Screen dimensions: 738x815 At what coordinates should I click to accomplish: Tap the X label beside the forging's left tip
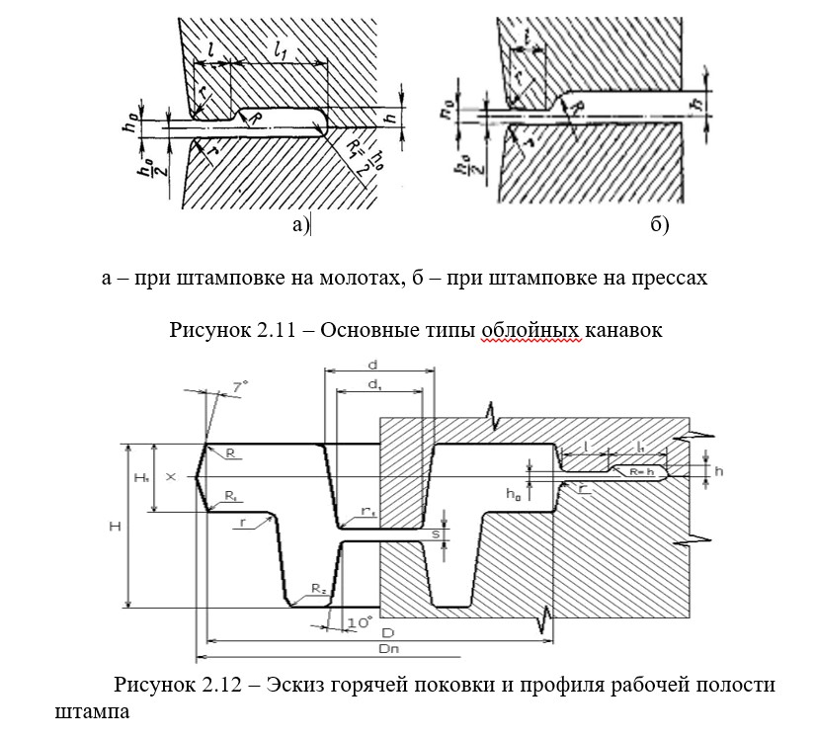click(171, 476)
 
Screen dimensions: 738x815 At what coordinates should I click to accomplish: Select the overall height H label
click(116, 527)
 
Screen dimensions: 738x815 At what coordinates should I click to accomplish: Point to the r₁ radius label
click(367, 511)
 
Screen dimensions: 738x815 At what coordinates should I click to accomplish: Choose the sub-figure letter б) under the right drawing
click(660, 226)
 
